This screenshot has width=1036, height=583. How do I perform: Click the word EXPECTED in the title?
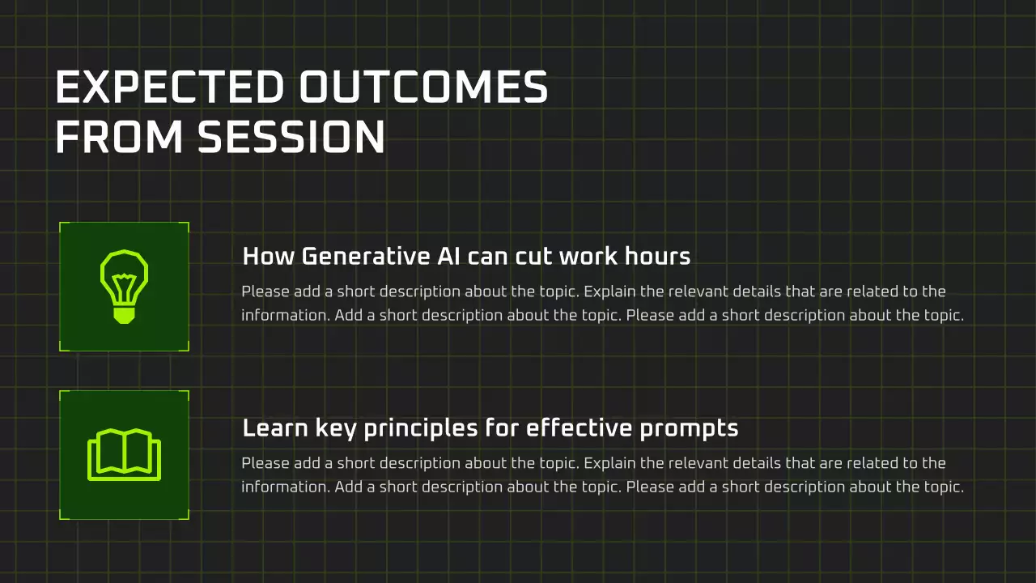pos(170,87)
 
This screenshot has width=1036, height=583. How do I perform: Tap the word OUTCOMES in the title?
pos(423,87)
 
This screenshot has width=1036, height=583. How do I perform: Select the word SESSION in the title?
pos(291,137)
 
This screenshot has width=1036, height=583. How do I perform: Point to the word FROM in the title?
pos(119,137)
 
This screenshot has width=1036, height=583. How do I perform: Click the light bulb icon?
pos(124,287)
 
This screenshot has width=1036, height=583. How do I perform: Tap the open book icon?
pos(124,455)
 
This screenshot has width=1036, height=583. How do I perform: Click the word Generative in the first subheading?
pos(366,257)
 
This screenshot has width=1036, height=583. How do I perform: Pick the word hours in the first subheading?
pos(657,257)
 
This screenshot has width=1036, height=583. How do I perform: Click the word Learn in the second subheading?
pos(275,428)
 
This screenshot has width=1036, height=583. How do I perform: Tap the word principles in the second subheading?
pos(421,429)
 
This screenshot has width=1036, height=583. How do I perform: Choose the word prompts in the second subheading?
pos(689,430)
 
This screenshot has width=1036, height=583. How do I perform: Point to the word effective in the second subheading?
pos(580,428)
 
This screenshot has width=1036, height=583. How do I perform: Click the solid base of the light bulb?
pos(124,316)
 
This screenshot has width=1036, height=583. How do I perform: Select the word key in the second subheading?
pos(336,429)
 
